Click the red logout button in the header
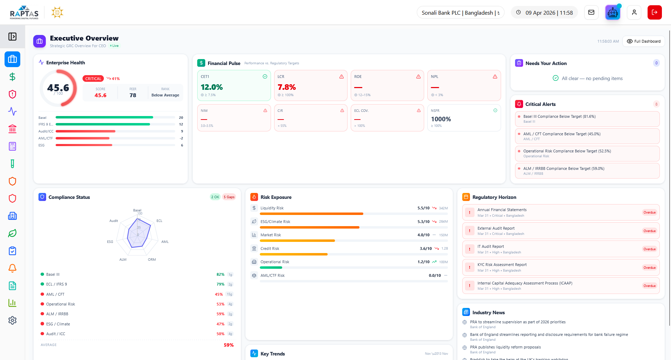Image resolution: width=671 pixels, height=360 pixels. [654, 13]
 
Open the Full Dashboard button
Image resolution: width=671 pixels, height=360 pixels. [643, 41]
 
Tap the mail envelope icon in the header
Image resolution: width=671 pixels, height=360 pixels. [591, 13]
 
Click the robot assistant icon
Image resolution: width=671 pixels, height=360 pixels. [613, 13]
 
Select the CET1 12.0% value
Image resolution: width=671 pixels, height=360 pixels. [212, 87]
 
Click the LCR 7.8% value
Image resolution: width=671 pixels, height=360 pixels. [286, 87]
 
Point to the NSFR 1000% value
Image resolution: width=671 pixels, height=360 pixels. [441, 119]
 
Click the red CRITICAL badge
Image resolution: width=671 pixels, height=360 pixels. [93, 79]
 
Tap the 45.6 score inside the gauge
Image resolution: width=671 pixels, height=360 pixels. [58, 87]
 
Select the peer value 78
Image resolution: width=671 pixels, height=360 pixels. [133, 95]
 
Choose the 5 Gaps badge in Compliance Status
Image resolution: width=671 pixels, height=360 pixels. [229, 197]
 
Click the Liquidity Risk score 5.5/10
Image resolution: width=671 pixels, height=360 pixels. [423, 208]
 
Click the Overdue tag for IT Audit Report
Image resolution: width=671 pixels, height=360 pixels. [649, 249]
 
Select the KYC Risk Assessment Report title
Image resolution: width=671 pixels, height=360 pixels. [502, 265]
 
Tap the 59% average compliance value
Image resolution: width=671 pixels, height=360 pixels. [228, 345]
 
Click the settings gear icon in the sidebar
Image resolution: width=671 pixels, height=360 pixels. [12, 320]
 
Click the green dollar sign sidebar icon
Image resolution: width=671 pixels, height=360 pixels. [12, 77]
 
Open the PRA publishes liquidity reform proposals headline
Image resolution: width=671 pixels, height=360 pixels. [505, 347]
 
